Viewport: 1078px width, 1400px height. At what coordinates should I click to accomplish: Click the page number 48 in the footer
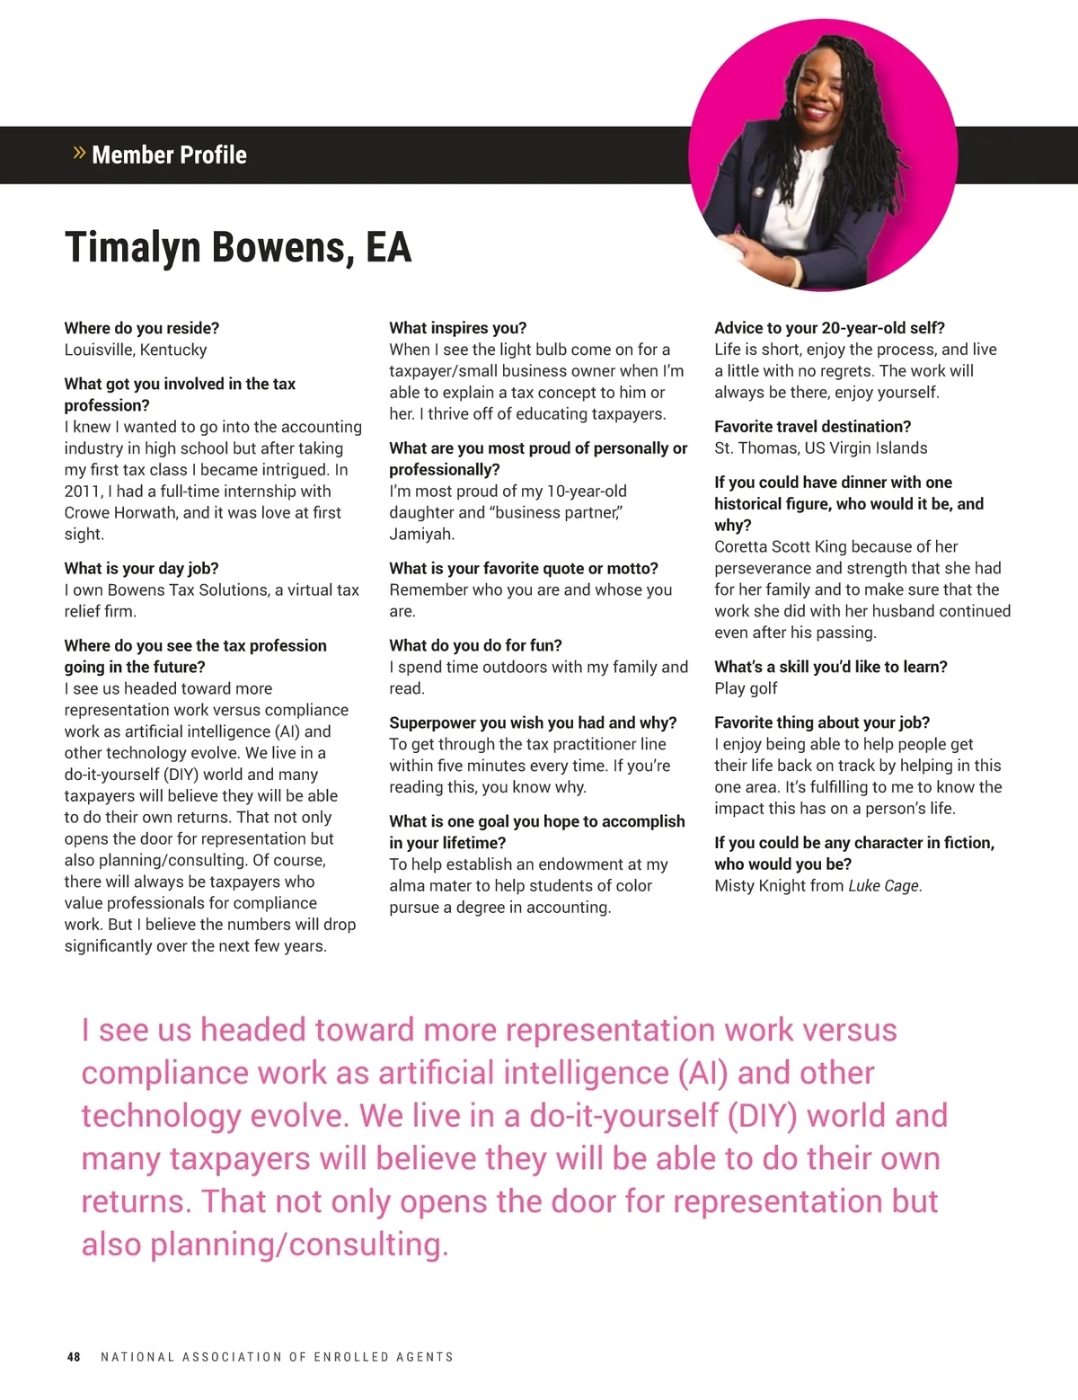[74, 1357]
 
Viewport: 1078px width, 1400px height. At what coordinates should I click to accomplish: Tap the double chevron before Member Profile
[79, 154]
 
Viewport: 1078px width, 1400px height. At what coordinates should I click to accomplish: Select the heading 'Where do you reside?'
[142, 328]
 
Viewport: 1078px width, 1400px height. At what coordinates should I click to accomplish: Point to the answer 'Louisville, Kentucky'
[136, 350]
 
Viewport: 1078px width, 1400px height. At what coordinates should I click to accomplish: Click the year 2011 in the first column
[82, 492]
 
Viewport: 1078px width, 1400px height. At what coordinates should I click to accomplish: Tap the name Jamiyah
[421, 534]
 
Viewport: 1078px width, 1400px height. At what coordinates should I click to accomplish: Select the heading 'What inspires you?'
[458, 328]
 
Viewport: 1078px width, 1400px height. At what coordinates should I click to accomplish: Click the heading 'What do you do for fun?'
[475, 645]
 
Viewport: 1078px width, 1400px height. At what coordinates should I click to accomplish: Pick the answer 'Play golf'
[746, 688]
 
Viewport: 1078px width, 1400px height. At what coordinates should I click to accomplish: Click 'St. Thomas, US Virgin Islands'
[820, 447]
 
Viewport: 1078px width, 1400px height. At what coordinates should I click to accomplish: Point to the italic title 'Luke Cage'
[884, 886]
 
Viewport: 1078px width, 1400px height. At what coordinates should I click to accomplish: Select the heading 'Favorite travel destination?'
[812, 426]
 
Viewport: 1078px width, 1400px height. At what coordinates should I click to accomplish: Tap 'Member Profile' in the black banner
[169, 155]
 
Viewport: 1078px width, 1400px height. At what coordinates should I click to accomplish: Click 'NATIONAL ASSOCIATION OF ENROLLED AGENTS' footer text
[277, 1357]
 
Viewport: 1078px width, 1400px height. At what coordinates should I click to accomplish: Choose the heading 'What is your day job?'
[141, 568]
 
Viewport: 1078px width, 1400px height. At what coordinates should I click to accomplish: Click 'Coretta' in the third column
[743, 546]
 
